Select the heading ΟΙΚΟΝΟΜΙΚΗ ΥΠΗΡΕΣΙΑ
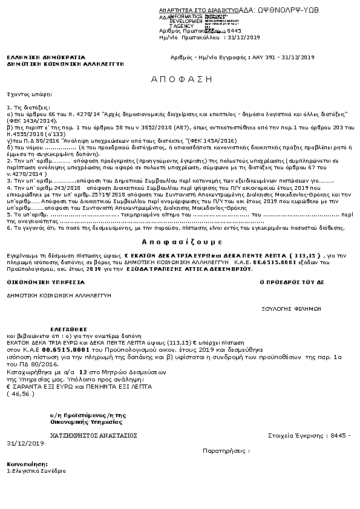(x=37, y=282)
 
